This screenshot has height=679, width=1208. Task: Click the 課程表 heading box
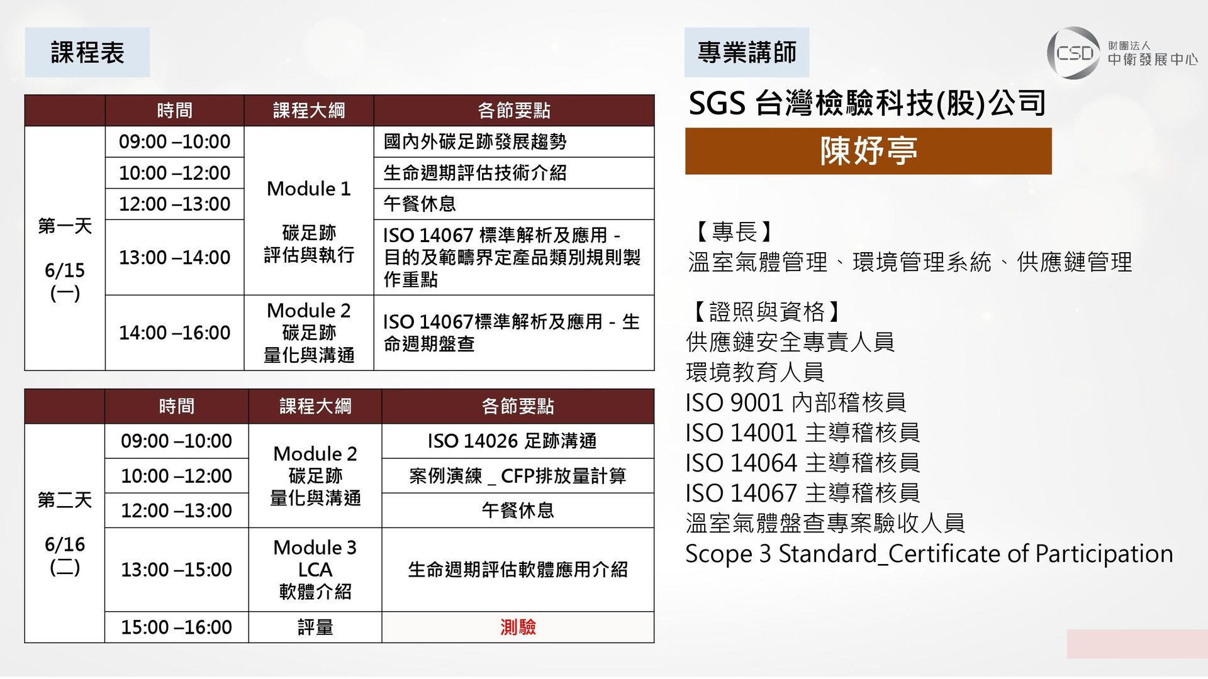(87, 52)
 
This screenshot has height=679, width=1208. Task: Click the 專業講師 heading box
(747, 52)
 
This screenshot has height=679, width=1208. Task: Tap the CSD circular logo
(1073, 53)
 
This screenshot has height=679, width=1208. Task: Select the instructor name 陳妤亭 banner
(868, 151)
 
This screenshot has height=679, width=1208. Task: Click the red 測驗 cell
(518, 627)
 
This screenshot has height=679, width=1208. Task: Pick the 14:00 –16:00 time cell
(174, 333)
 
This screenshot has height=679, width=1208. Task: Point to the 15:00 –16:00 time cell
(176, 627)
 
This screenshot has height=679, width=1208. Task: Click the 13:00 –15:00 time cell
(176, 570)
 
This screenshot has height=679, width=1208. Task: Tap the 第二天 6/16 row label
(64, 533)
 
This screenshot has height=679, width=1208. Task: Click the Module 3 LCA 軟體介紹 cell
(315, 570)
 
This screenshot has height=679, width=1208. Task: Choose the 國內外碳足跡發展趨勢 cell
(514, 141)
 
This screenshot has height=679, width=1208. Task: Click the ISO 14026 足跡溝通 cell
(518, 441)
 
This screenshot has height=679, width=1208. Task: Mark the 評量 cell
(315, 627)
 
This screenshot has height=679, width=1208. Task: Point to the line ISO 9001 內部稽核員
(796, 402)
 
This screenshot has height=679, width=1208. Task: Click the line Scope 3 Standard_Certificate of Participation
(929, 554)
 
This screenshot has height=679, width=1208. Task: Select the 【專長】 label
(734, 231)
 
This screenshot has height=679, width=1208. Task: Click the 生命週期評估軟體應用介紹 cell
(518, 570)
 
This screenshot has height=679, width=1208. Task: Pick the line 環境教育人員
(755, 372)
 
